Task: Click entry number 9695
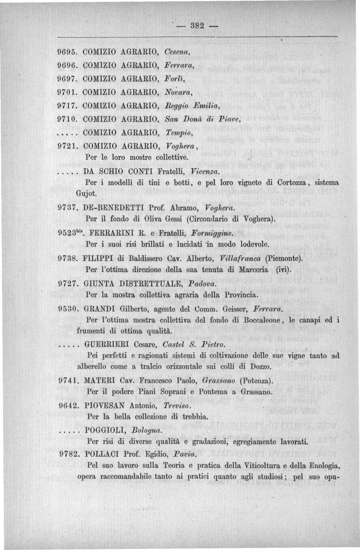(68, 52)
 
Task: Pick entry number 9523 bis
(71, 233)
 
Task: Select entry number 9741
(68, 380)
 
